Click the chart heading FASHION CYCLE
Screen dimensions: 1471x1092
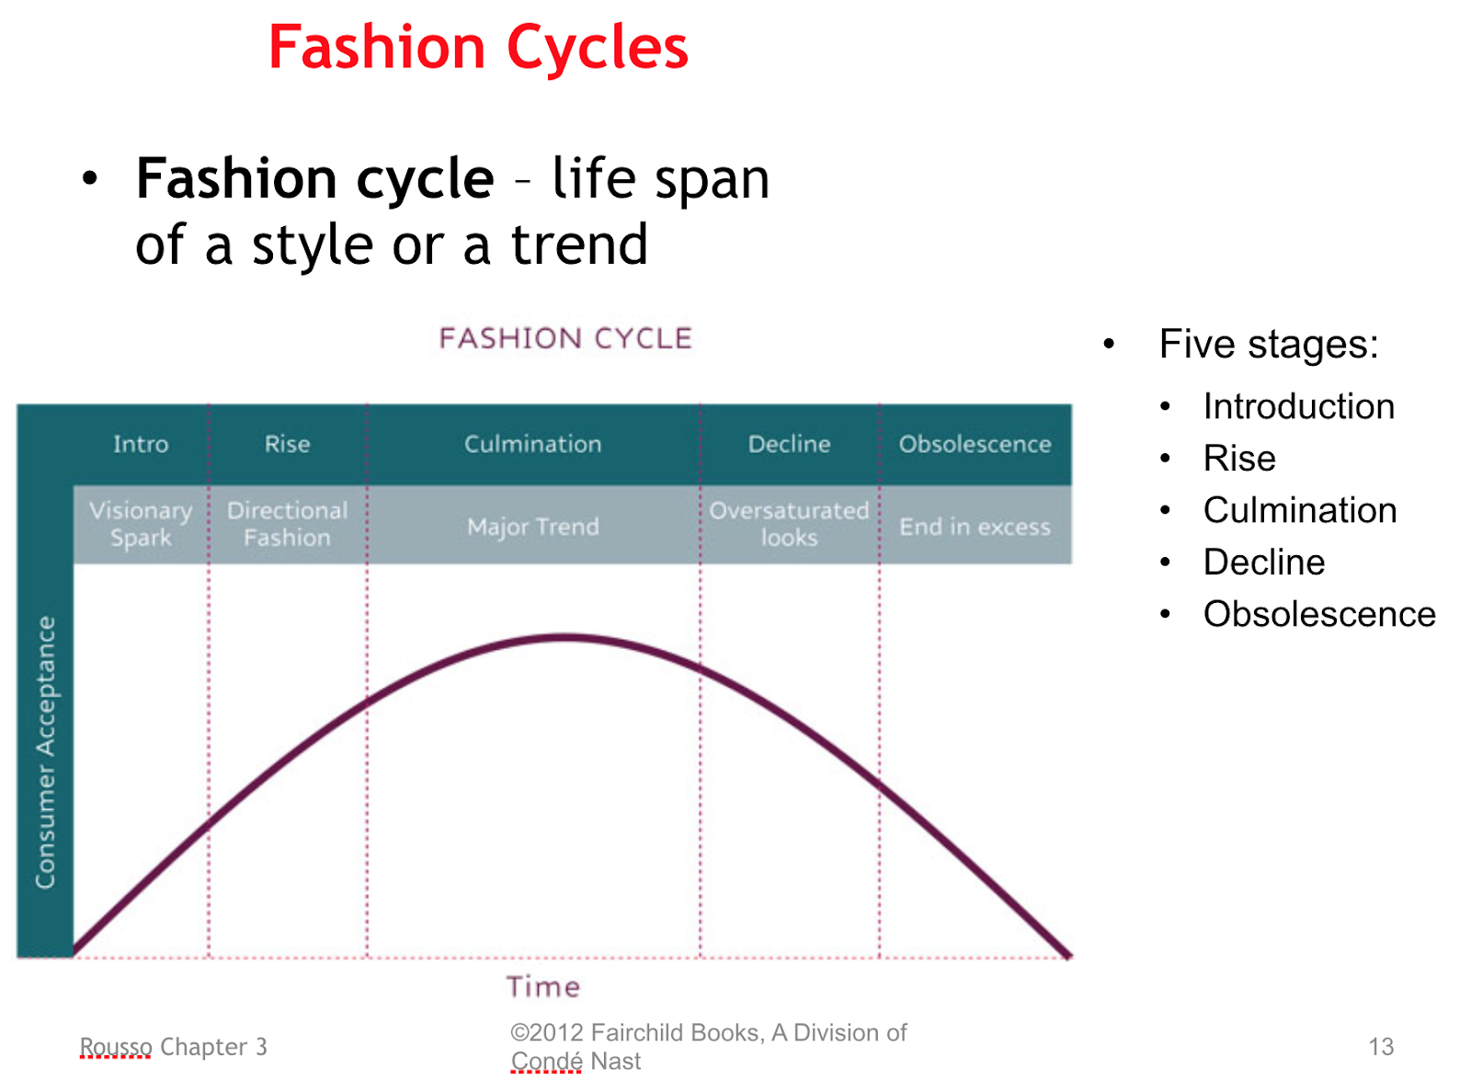565,339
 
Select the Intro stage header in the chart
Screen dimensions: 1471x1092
141,444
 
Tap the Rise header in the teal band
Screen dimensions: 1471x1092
287,444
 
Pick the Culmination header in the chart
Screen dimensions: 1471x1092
532,444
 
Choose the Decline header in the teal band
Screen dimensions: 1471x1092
789,444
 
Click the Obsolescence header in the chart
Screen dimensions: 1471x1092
975,444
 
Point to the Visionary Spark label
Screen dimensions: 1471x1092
141,524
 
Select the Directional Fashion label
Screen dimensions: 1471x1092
287,524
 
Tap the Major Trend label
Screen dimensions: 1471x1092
532,527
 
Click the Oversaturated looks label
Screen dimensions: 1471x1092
789,524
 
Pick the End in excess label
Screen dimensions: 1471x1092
975,527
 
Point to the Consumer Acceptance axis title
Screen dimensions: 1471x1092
45,752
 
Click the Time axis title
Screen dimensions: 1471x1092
543,986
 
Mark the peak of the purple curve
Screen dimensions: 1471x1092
565,637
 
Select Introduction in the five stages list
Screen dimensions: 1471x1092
1298,405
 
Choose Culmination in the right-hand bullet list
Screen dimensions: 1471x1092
1300,510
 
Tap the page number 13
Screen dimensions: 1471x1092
1381,1046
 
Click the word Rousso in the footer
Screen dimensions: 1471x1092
116,1046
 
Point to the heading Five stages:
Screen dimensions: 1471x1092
1268,344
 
